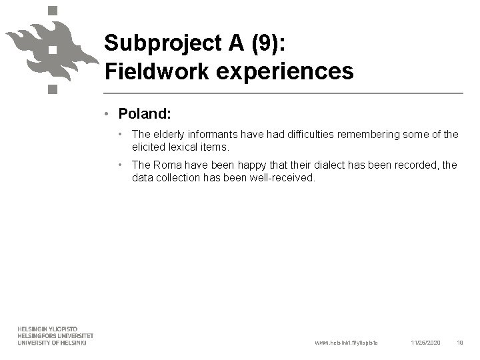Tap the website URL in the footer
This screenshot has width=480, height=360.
click(x=346, y=343)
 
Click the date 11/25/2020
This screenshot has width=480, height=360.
click(x=425, y=343)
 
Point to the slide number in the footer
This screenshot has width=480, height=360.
click(x=460, y=343)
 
